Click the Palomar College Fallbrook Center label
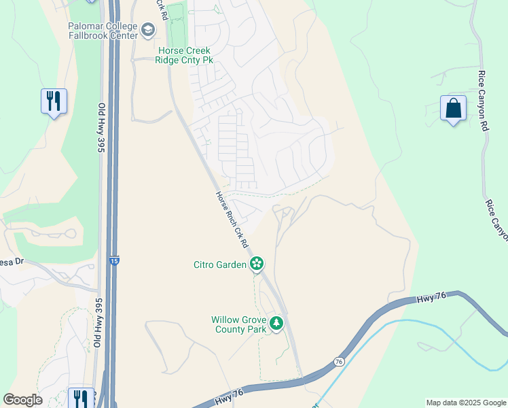point(103,30)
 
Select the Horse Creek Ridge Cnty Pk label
point(185,55)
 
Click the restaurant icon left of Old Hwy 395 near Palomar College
point(53,102)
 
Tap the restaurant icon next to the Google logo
point(80,398)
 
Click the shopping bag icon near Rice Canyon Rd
point(453,109)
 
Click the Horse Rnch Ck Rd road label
point(232,218)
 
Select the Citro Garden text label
point(219,265)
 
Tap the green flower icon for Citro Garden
point(257,264)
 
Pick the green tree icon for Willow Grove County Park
point(276,323)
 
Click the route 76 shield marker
point(338,362)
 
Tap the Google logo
point(22,400)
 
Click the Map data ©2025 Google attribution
point(466,403)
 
